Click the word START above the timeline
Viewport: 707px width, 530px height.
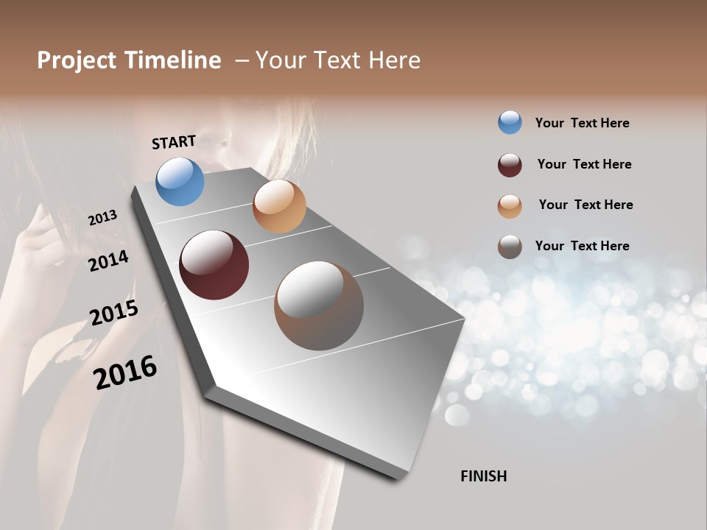174,142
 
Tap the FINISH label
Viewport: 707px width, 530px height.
484,476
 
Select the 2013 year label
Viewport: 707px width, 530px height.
102,218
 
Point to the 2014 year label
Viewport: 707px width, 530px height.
108,261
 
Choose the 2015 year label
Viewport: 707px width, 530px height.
114,313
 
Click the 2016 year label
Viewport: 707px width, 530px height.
125,372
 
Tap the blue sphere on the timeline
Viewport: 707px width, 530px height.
180,181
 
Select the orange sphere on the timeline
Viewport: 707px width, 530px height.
279,206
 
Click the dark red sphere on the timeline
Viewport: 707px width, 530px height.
214,265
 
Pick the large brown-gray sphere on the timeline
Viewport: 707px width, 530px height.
319,305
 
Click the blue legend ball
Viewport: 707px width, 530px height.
510,123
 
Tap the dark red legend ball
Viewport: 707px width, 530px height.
510,165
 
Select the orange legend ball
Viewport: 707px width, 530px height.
510,206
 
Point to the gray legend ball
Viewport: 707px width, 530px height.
510,247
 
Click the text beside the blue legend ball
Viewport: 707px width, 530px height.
582,123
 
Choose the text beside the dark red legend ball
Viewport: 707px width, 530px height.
584,164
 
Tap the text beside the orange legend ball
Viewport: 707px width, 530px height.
585,205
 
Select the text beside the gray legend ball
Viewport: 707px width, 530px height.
582,246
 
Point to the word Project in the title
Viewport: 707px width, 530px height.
76,61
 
